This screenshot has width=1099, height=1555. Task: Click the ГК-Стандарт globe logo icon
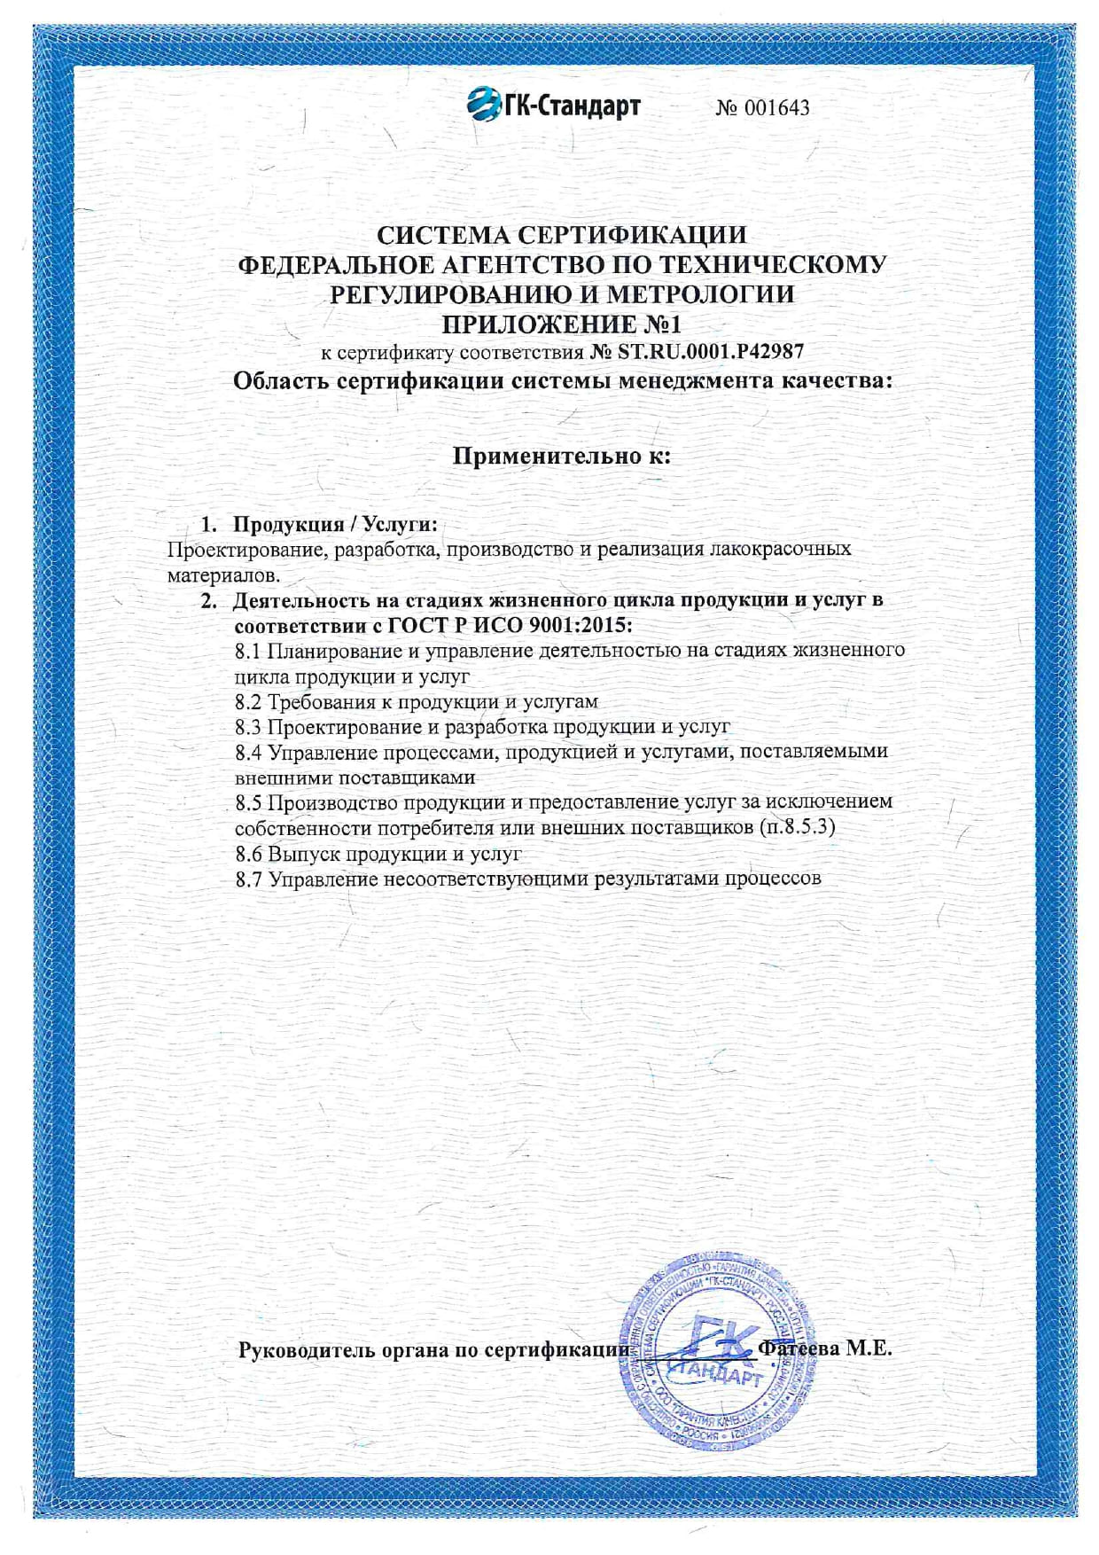(x=484, y=105)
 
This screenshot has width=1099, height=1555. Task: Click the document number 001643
(x=776, y=108)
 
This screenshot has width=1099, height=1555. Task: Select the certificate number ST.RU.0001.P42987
(x=711, y=351)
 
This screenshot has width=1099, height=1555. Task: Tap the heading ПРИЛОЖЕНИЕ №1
(x=561, y=323)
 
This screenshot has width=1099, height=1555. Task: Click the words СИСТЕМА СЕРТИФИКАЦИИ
(x=561, y=235)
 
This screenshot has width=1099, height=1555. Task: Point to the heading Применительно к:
(x=561, y=456)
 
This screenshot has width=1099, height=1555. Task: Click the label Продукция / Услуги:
(x=335, y=524)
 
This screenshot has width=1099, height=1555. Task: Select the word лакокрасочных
(x=781, y=549)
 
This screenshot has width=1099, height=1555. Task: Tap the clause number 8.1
(x=248, y=651)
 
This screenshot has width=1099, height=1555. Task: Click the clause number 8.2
(x=248, y=702)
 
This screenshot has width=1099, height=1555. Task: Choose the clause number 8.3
(x=248, y=727)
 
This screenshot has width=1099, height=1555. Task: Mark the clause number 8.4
(x=248, y=752)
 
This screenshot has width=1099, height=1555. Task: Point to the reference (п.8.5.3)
(x=797, y=828)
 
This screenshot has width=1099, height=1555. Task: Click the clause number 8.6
(x=248, y=854)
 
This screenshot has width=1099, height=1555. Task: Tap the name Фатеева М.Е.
(x=824, y=1348)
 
